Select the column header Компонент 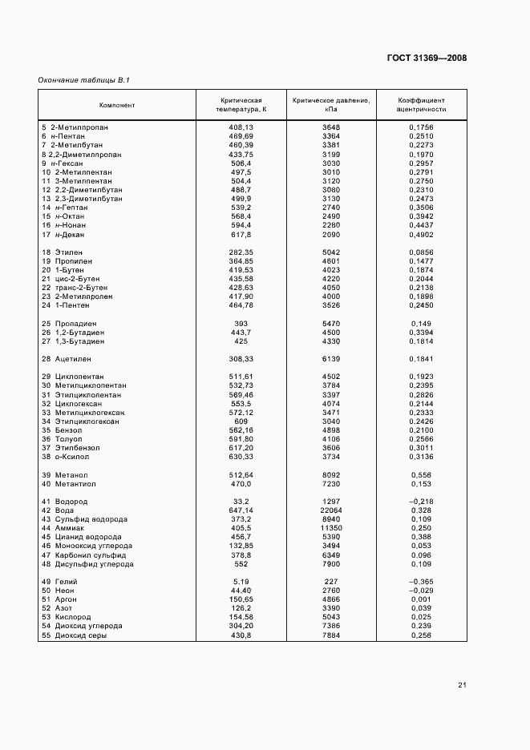(x=117, y=105)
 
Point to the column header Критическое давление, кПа (x=331, y=105)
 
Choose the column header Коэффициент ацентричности (x=422, y=105)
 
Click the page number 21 (x=462, y=685)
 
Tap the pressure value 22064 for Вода (x=331, y=510)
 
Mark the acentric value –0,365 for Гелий (x=420, y=581)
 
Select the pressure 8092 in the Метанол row (x=331, y=474)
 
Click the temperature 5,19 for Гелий (x=241, y=581)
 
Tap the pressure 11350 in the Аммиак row (x=331, y=528)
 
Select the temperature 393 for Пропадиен (x=241, y=323)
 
